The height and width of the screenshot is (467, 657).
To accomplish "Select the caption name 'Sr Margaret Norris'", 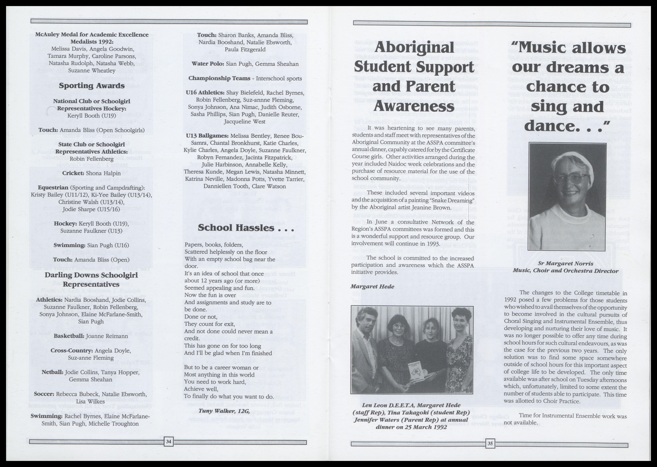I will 565,263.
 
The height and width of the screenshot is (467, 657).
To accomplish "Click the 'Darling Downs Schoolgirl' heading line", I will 91,275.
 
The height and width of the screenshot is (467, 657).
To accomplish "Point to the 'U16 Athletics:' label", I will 205,93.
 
